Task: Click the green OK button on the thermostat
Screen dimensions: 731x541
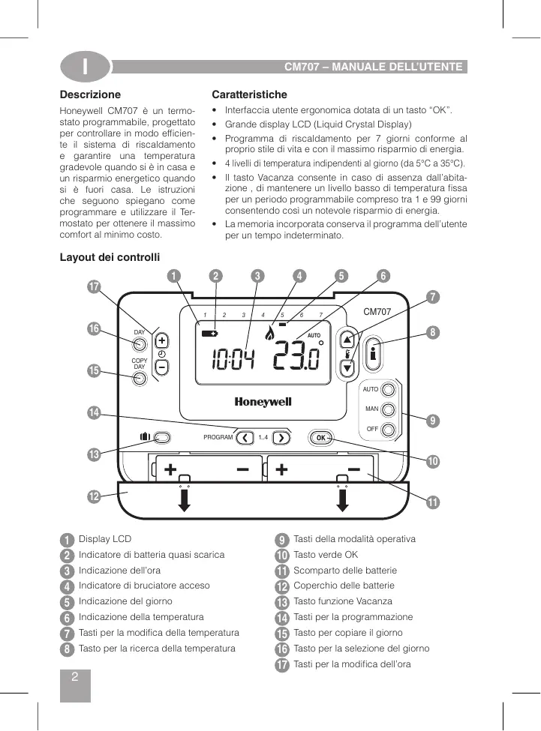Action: (320, 437)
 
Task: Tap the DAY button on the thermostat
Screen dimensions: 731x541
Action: (140, 344)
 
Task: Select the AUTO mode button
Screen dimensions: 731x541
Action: (388, 390)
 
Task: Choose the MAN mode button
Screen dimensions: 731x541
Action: (388, 409)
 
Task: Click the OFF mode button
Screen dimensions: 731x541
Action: (388, 430)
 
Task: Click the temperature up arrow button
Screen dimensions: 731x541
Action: (347, 338)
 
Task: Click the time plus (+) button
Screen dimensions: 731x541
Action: (162, 339)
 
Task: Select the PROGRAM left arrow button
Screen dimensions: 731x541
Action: (245, 437)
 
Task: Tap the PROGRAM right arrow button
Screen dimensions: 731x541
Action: (281, 437)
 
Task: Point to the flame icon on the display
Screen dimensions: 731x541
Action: (270, 348)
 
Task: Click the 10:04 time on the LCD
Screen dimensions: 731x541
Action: (232, 361)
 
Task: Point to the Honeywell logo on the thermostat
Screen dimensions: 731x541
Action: (263, 402)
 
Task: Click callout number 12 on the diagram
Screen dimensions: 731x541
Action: (94, 496)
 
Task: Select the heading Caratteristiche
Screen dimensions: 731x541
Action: (249, 95)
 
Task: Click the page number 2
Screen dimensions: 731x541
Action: (74, 677)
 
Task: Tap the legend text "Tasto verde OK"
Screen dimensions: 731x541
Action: (326, 555)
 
